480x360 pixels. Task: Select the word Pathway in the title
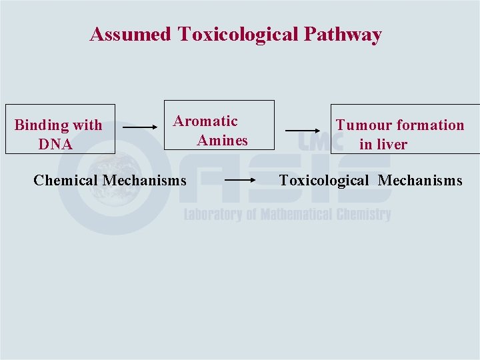coord(343,35)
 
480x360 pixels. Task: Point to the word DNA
coord(55,144)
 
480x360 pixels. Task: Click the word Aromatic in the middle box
coord(205,121)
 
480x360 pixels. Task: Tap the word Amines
coord(222,141)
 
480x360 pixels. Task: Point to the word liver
coord(392,144)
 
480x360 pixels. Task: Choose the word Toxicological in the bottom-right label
coord(323,180)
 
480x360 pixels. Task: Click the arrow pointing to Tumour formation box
coord(303,131)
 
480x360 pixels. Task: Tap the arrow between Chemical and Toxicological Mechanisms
coord(241,180)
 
